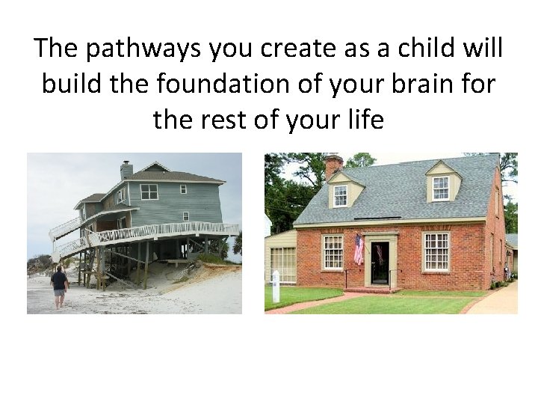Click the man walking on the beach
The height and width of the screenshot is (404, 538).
[59, 287]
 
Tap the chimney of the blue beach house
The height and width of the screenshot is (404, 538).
[126, 169]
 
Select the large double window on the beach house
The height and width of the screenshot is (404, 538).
[149, 192]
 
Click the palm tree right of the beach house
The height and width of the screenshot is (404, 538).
[236, 244]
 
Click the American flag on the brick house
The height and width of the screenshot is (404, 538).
[359, 250]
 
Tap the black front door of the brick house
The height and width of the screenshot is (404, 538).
[380, 263]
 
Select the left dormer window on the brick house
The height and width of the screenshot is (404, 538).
[340, 195]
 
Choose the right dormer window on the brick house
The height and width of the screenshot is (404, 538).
[442, 187]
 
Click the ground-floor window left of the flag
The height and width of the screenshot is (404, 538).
[333, 253]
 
